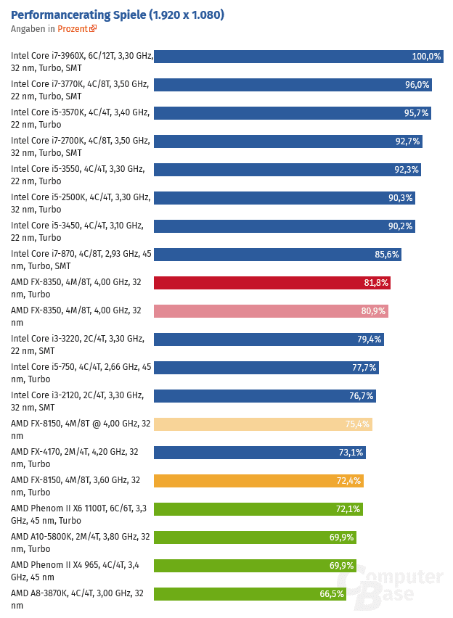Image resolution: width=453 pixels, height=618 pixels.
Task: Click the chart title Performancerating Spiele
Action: [117, 15]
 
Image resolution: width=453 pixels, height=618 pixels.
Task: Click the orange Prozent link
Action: [73, 29]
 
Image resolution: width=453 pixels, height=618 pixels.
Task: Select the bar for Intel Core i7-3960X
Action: [298, 57]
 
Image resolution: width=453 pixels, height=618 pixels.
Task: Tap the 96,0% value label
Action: [417, 85]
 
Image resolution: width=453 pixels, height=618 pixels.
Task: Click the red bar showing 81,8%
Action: [272, 283]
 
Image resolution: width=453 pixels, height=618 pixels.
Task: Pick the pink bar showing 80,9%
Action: [271, 311]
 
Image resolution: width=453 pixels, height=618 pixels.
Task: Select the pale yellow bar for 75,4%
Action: [263, 424]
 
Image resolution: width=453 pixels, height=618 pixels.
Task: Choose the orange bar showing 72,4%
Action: [258, 481]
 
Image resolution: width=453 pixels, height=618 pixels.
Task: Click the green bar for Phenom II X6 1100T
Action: [258, 509]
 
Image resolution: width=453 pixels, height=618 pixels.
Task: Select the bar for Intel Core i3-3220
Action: [269, 339]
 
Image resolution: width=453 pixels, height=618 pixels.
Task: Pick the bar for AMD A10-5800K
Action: [255, 537]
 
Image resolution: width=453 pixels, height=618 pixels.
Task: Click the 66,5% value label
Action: [332, 594]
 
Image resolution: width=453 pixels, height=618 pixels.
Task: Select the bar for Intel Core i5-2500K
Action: [284, 198]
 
